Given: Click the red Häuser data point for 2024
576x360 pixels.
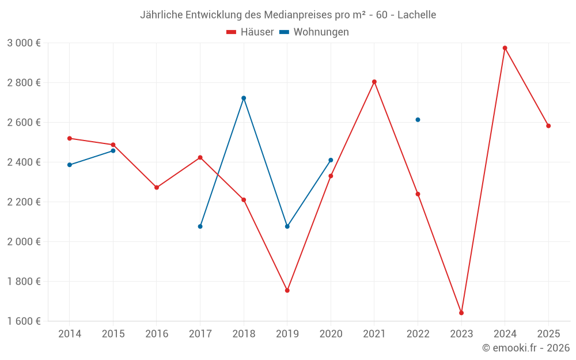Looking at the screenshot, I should point(505,48).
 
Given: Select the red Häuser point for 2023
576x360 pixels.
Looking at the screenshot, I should point(461,313).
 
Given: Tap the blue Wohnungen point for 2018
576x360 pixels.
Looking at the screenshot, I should point(244,98).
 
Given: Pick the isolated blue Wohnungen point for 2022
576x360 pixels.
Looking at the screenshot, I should point(418,120).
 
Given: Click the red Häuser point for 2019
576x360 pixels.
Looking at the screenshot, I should point(287,290).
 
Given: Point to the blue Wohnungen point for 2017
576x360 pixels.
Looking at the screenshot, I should point(200,226).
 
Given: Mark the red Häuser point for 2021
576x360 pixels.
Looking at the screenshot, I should point(374,82).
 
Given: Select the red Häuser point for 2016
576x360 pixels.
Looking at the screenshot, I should point(157,187).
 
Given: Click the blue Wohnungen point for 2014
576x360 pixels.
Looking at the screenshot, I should point(70,165).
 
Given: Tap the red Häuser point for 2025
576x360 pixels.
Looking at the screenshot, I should point(548,126).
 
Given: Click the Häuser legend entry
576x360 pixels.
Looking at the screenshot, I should point(250,32).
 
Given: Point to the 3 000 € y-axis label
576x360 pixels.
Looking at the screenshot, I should point(24,43).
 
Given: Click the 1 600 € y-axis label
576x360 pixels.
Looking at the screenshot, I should point(24,321).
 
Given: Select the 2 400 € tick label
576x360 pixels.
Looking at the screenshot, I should point(24,162).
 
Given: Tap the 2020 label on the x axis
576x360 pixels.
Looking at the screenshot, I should point(331,334).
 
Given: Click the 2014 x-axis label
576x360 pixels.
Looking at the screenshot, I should point(70,334).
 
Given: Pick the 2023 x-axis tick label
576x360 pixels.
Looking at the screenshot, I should point(461,334).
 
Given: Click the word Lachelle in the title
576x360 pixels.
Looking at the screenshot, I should point(416,14).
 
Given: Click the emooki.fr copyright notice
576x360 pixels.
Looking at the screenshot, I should point(526,348).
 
